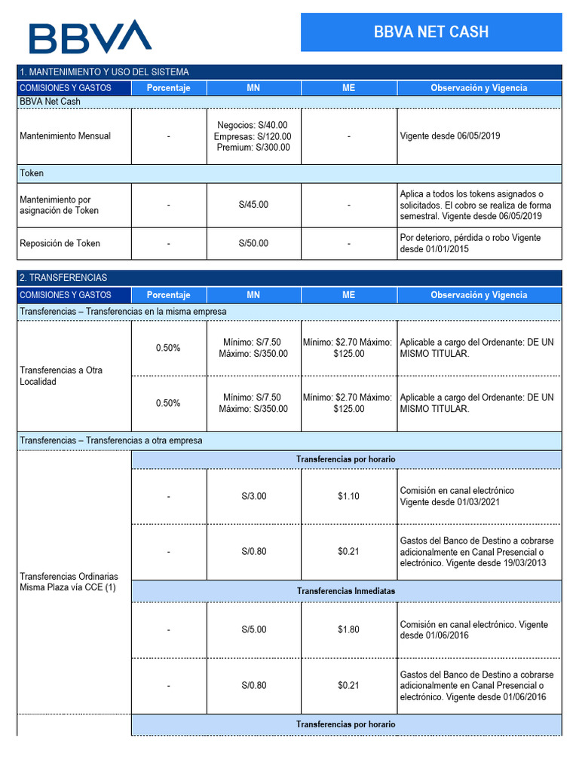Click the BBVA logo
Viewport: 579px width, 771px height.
(90, 37)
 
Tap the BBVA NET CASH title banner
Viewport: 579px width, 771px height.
(431, 32)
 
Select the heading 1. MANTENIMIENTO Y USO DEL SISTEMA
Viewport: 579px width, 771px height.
(104, 72)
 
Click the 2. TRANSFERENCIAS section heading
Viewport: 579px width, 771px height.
(63, 278)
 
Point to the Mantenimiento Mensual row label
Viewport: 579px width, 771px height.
(66, 136)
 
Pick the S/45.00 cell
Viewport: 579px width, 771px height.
(253, 205)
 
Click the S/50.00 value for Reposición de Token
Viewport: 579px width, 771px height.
(253, 243)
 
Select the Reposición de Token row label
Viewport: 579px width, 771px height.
(60, 243)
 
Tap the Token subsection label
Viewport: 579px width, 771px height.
(32, 173)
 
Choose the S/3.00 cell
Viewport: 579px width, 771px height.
(253, 496)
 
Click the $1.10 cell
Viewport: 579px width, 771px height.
(348, 496)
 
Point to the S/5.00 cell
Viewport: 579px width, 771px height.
(253, 629)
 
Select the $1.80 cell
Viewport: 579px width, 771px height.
(348, 629)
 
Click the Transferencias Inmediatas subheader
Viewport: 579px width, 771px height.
(346, 591)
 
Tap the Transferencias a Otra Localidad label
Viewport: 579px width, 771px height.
(61, 376)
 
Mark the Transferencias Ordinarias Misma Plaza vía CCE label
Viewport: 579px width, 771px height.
(69, 581)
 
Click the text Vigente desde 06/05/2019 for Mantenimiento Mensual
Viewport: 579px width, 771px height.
(450, 136)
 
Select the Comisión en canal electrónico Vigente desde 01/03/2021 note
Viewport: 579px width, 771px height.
(457, 496)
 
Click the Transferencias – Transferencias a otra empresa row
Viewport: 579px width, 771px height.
(111, 440)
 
